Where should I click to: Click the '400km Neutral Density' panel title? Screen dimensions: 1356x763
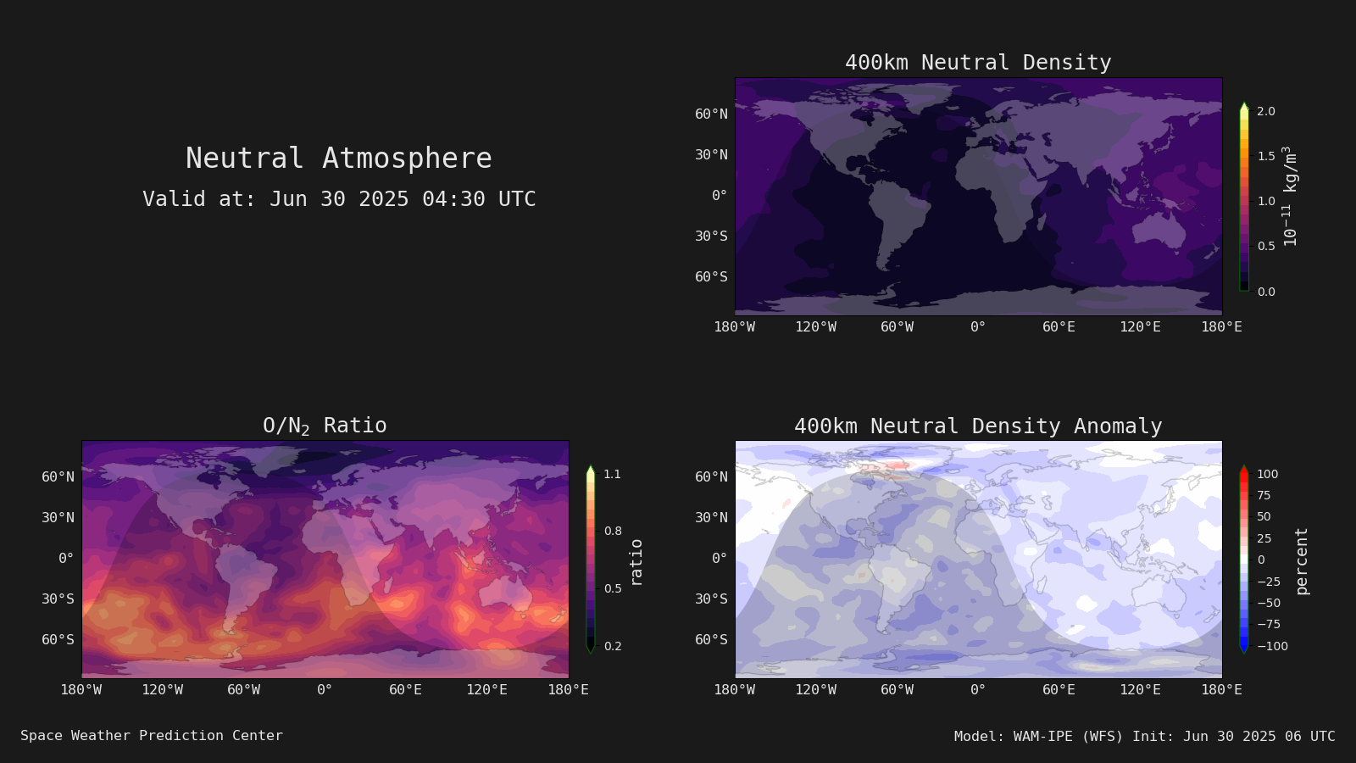978,63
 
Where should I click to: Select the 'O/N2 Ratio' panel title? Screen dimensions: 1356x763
325,426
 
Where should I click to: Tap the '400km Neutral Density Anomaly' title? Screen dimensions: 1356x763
978,426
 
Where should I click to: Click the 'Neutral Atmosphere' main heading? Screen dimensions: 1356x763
339,158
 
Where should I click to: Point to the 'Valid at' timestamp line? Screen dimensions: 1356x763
339,199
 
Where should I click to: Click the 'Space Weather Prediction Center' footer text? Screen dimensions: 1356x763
152,736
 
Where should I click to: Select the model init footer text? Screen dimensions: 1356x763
1145,737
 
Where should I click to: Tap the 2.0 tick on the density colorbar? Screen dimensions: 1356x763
1266,111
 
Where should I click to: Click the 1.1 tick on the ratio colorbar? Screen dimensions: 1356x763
613,474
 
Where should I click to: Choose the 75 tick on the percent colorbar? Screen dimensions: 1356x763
1264,495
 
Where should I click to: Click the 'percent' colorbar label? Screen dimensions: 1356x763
1302,561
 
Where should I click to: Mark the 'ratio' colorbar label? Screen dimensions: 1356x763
636,563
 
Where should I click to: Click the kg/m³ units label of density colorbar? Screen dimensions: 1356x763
1290,196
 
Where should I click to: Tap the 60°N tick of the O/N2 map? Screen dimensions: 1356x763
58,477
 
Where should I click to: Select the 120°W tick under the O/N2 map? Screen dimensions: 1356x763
162,690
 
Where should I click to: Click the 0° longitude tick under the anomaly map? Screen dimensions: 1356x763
978,690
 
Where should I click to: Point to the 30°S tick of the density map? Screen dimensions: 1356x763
711,237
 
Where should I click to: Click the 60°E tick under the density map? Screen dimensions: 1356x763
1059,327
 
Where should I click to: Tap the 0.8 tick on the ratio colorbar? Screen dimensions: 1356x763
613,531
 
